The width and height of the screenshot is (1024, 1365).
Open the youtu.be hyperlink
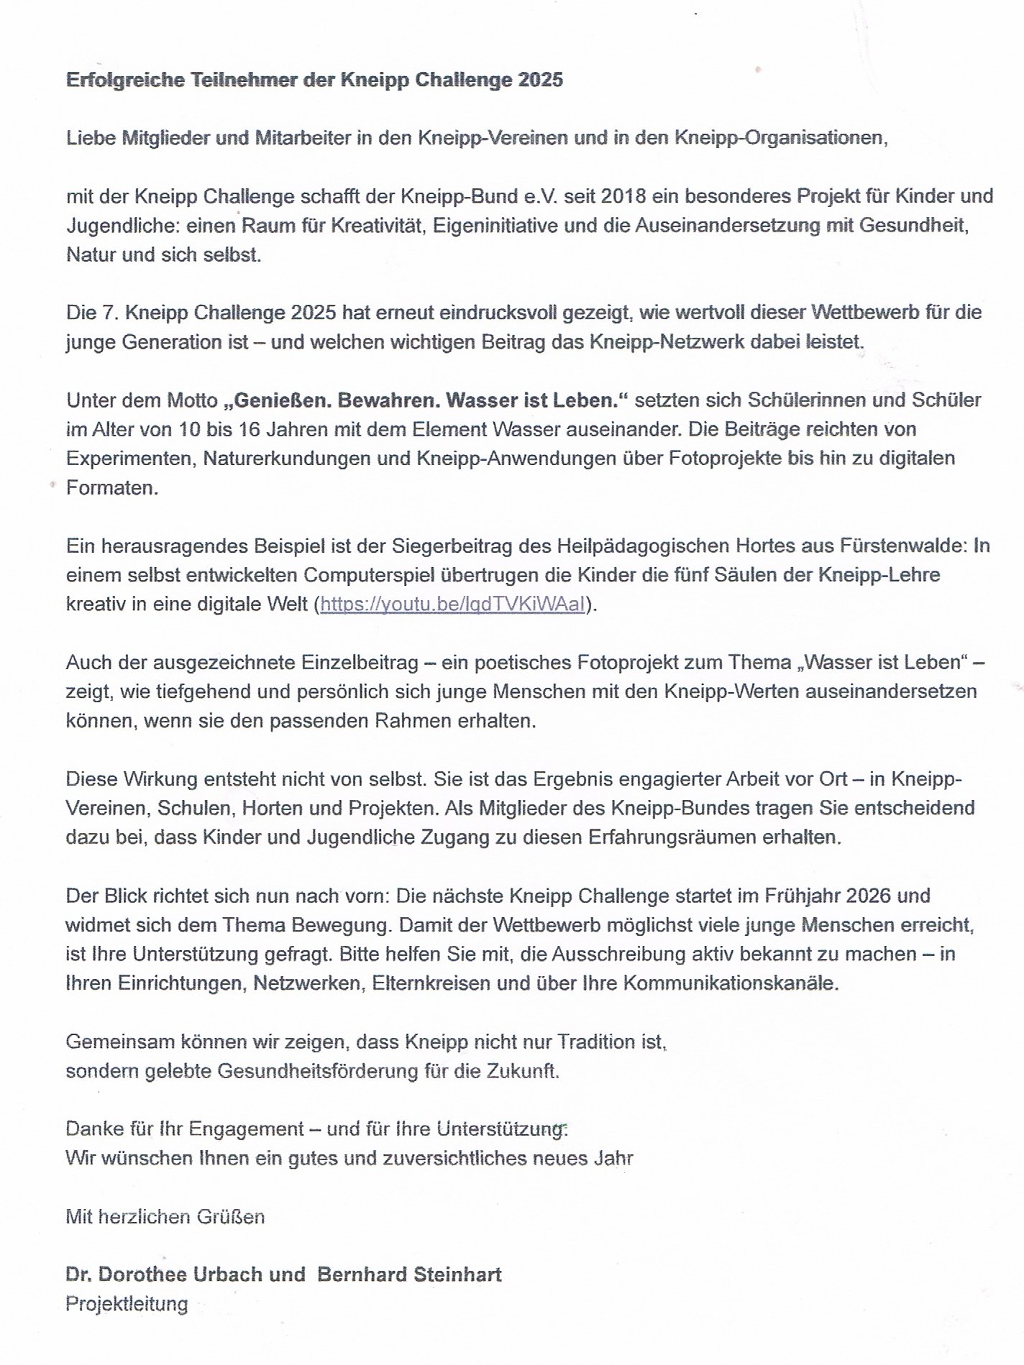click(452, 605)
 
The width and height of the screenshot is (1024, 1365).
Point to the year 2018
click(624, 196)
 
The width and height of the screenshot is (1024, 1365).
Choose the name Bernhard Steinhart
click(409, 1274)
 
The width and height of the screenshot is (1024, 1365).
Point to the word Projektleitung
click(127, 1304)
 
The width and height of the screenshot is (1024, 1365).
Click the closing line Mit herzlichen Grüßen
click(165, 1217)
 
